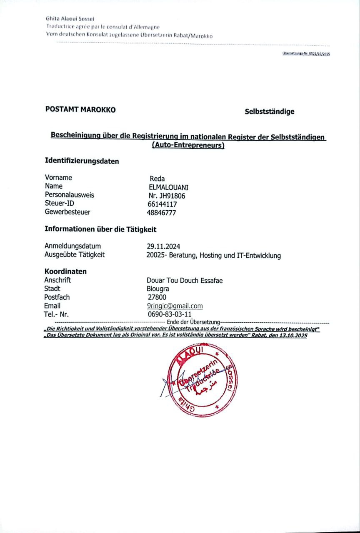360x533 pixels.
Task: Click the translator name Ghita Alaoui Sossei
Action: (x=70, y=18)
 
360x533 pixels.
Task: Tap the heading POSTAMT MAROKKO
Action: (x=80, y=110)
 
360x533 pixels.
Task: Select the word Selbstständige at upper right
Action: (x=270, y=112)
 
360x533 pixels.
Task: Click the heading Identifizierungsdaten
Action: (x=82, y=161)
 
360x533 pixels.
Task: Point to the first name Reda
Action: (x=157, y=179)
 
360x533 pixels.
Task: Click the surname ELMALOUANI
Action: (x=168, y=187)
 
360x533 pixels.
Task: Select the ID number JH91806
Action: (x=167, y=196)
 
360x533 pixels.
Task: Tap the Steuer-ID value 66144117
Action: (x=160, y=204)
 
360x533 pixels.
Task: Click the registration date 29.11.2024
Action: (x=163, y=247)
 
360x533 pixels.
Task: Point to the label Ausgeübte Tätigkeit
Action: (x=75, y=254)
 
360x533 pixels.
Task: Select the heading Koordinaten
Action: (x=65, y=271)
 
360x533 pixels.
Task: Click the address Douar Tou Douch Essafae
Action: (x=185, y=281)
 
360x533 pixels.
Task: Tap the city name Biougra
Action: (x=155, y=289)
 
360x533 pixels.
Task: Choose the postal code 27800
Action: (x=157, y=297)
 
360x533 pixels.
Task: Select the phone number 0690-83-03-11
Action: (x=170, y=314)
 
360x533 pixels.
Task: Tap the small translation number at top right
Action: (x=306, y=54)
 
